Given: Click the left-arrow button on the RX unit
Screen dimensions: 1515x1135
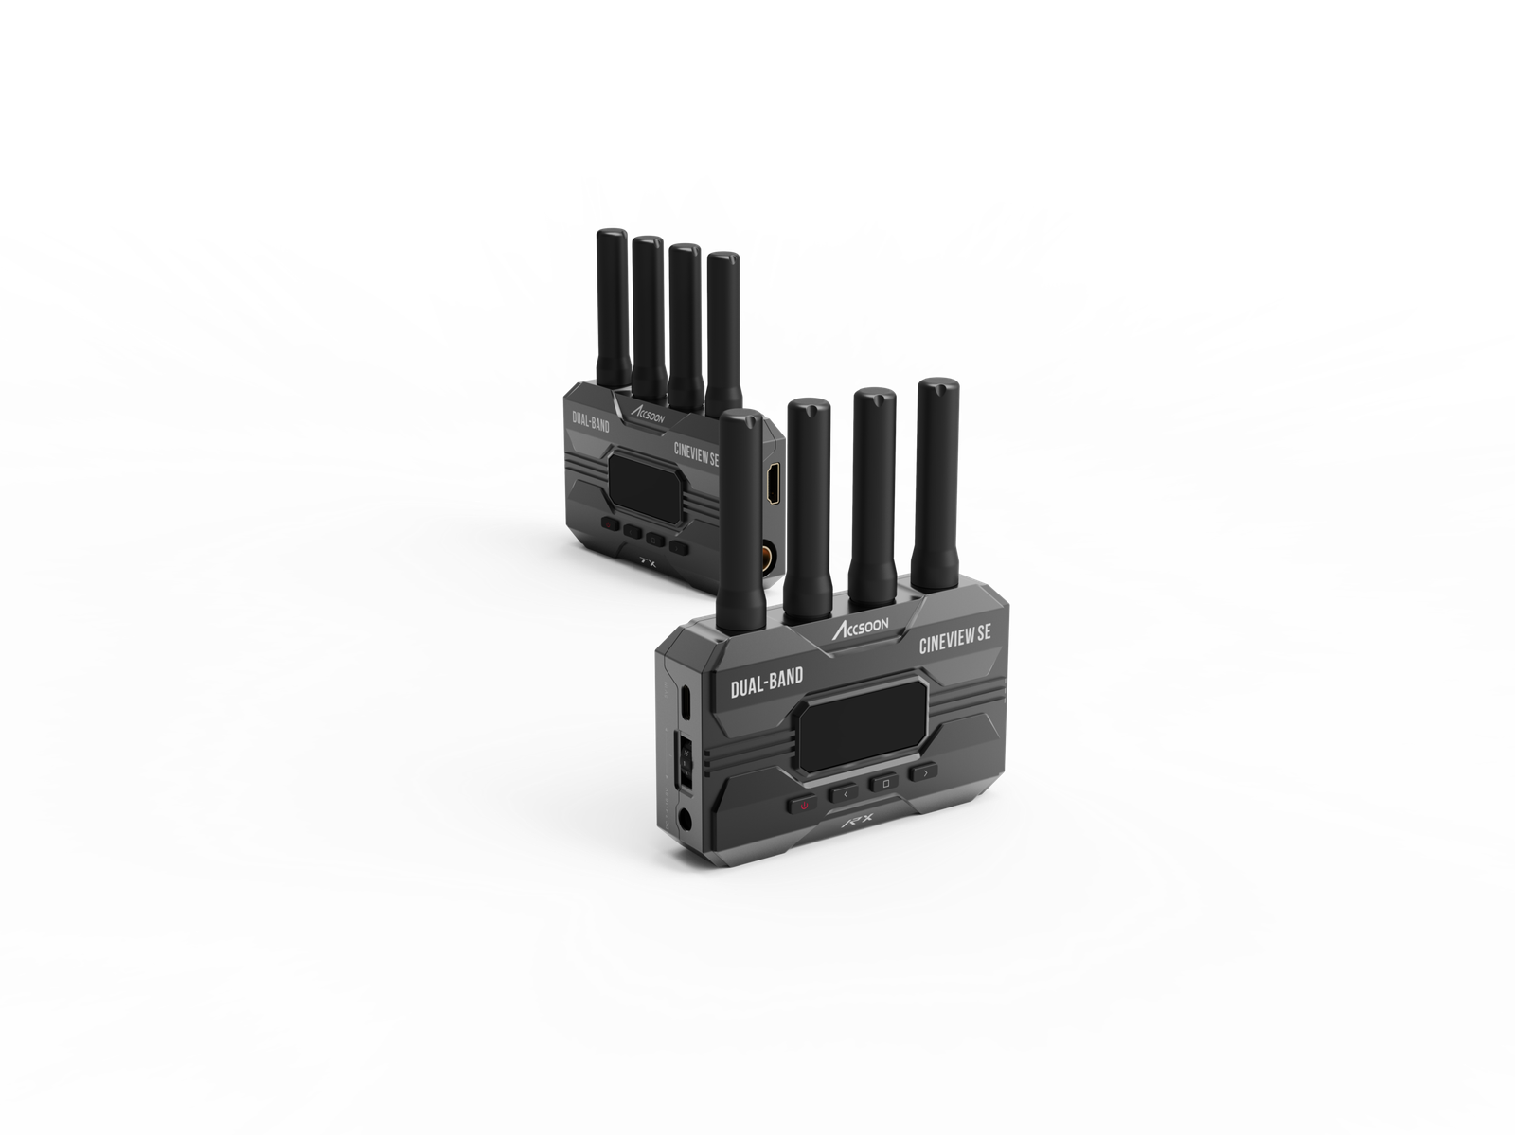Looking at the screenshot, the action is (844, 793).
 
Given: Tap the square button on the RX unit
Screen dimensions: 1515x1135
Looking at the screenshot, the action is (884, 783).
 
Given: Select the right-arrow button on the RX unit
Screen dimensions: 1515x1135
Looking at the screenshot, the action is (923, 772).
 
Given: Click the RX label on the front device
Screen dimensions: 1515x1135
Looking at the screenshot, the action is (858, 821).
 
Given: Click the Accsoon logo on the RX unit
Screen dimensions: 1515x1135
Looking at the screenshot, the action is (860, 627).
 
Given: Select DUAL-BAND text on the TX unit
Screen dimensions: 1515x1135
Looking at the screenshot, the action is (591, 422).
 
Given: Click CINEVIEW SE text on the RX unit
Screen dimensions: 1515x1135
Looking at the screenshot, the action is (955, 639).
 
